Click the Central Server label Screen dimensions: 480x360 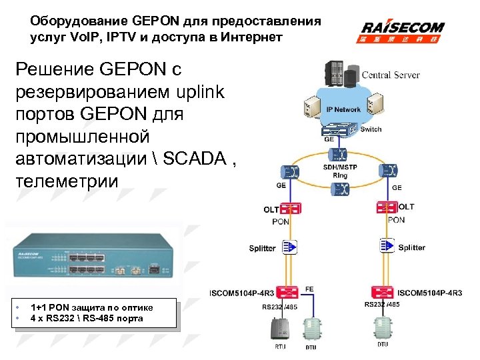click(391, 75)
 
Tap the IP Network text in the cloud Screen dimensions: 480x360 click(343, 109)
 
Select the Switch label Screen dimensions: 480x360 click(371, 129)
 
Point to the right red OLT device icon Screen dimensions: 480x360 click(387, 209)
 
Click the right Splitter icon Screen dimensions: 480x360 click(387, 247)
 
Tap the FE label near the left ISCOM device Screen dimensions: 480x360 click(309, 289)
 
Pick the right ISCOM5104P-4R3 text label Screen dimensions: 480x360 click(429, 293)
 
